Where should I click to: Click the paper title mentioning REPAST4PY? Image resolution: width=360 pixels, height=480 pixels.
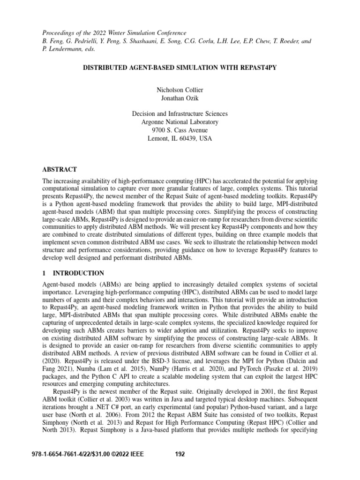coord(180,67)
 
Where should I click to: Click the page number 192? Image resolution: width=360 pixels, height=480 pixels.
coord(180,454)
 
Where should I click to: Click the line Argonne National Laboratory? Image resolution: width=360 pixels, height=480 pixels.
coord(180,122)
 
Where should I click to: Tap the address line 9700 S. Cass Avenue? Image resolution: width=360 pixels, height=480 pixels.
coord(180,130)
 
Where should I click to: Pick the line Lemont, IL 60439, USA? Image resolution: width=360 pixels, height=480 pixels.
coord(180,139)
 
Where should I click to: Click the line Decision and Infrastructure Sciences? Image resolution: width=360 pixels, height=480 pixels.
coord(180,113)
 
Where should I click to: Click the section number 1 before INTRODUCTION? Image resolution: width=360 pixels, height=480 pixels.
coord(44,273)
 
